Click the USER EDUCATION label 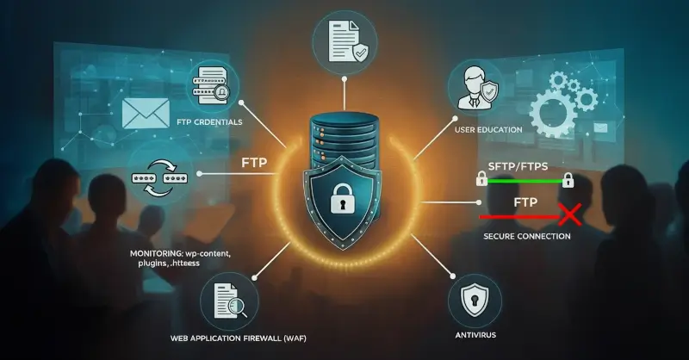coord(487,129)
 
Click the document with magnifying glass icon coord(227,298)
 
